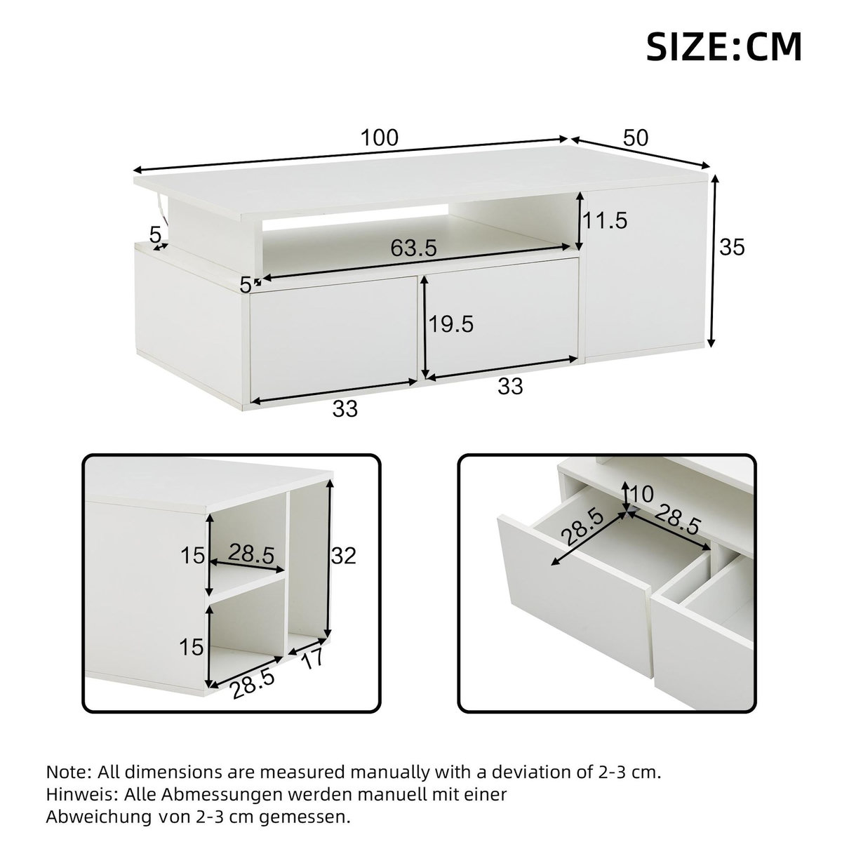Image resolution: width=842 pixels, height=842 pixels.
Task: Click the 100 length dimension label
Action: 380,138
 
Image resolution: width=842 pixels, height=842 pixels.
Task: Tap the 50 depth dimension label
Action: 635,138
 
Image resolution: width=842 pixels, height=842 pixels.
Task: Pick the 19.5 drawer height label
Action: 450,323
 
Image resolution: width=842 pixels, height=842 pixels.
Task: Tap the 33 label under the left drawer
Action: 345,408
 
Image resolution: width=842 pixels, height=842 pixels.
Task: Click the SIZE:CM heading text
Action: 723,46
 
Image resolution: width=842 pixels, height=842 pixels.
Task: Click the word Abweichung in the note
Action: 95,817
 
